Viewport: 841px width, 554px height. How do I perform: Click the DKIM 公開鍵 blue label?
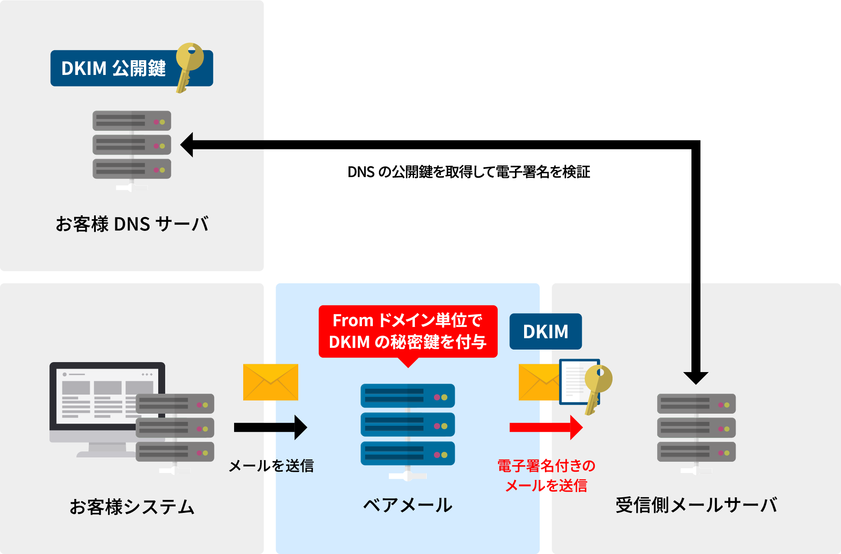(x=114, y=68)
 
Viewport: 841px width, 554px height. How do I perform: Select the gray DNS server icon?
(x=132, y=145)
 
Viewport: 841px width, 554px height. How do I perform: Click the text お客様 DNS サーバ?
(x=132, y=224)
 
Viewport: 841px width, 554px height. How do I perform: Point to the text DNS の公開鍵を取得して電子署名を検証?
(x=468, y=172)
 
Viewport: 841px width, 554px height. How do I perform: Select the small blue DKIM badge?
(x=545, y=332)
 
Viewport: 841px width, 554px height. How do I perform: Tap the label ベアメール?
(x=407, y=505)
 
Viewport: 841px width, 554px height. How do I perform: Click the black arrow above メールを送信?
(x=270, y=428)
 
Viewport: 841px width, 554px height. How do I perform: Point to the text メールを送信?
(x=271, y=466)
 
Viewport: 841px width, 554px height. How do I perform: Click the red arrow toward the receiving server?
(x=545, y=428)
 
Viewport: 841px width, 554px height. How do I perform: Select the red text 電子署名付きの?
(x=546, y=466)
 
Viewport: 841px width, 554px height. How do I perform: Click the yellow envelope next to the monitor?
(x=271, y=382)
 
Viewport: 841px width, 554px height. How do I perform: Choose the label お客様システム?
(x=132, y=507)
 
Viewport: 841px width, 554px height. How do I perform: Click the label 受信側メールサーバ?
(x=696, y=505)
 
